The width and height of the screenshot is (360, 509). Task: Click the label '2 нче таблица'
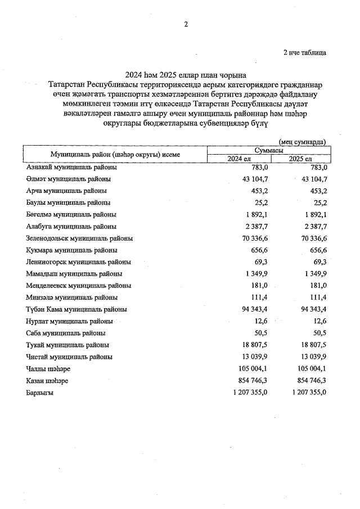click(x=304, y=52)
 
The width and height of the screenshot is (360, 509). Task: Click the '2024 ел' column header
click(x=238, y=159)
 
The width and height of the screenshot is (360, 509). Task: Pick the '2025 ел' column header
click(x=300, y=159)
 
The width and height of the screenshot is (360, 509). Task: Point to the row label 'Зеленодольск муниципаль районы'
click(x=79, y=238)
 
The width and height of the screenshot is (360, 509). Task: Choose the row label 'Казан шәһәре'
click(x=47, y=381)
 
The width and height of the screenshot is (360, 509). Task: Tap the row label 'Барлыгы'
click(x=39, y=393)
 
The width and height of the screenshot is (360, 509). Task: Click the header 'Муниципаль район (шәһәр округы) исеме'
click(x=115, y=154)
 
